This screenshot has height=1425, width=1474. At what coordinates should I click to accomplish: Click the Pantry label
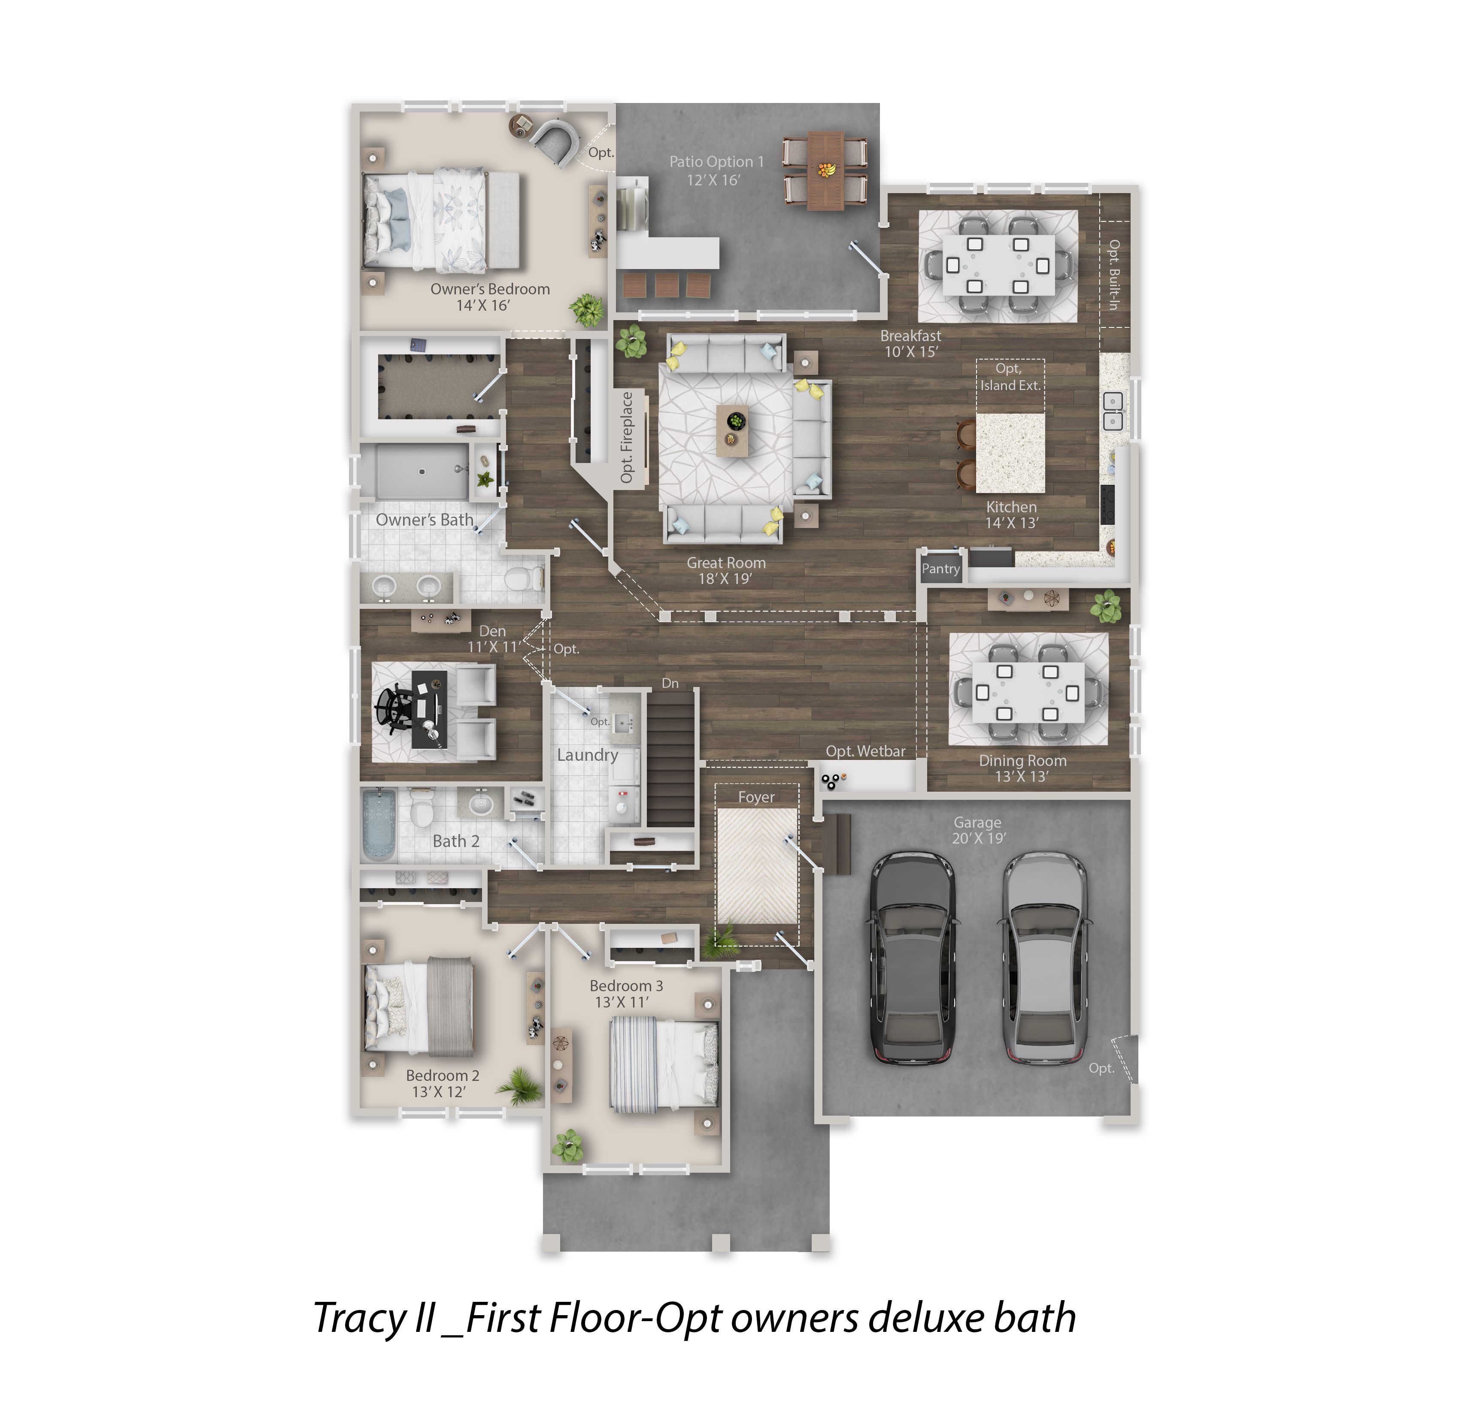[941, 569]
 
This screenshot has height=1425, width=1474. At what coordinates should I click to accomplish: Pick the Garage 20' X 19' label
[978, 830]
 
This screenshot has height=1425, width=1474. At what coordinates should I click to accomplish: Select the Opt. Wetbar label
[866, 751]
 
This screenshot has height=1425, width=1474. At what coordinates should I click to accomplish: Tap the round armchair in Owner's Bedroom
[555, 141]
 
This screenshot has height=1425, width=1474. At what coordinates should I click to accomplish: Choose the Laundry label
[587, 755]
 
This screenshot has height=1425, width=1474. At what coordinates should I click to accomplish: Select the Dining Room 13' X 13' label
[1022, 768]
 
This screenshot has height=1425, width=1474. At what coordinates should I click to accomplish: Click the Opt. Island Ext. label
[1010, 377]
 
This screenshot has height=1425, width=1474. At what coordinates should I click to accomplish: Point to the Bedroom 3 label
[626, 985]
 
